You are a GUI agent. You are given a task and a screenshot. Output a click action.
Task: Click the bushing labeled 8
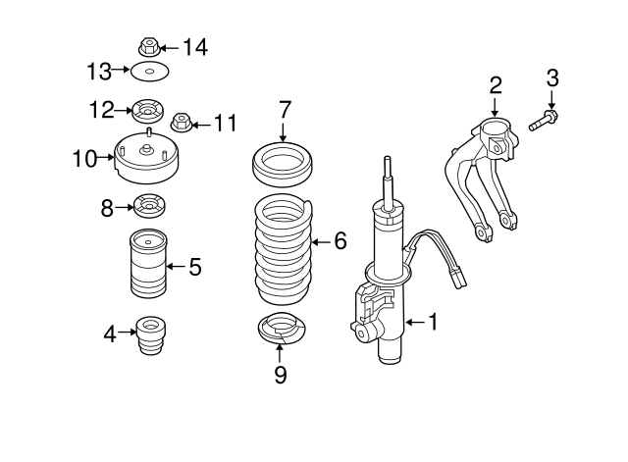[150, 207]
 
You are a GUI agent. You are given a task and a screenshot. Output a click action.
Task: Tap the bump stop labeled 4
[150, 339]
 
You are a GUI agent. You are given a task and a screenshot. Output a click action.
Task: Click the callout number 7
[284, 108]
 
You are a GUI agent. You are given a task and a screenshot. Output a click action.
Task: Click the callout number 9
[280, 375]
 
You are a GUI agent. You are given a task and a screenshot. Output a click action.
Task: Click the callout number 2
[496, 84]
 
